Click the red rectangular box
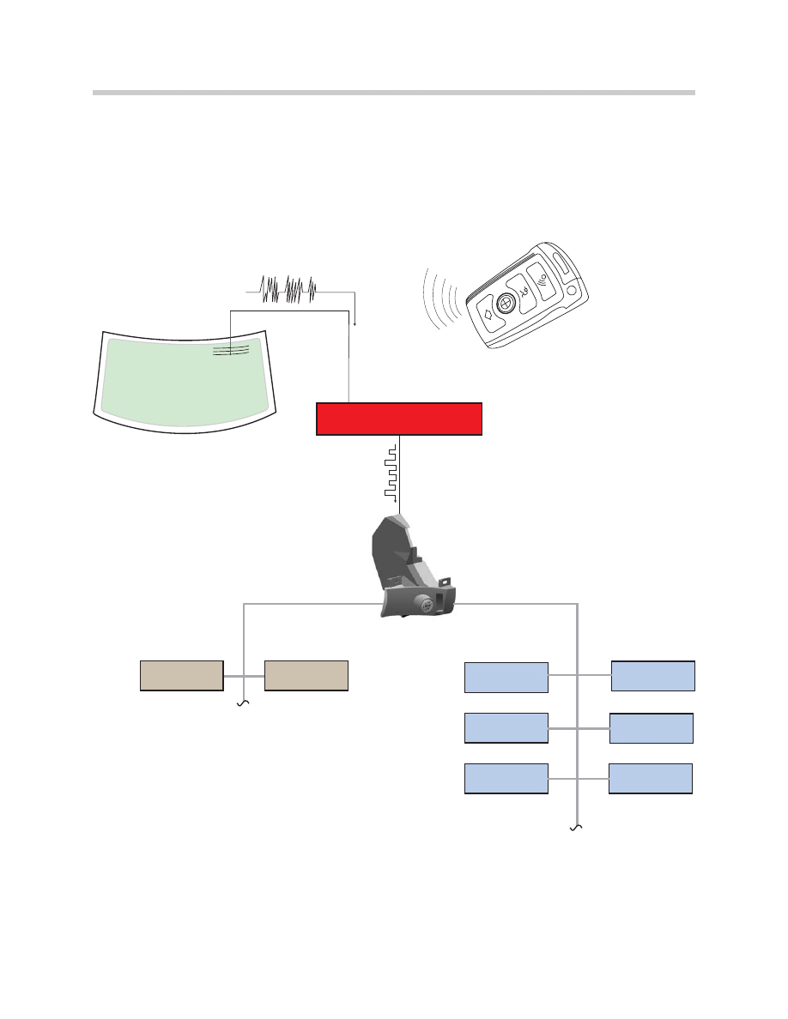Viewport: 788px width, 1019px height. click(x=399, y=418)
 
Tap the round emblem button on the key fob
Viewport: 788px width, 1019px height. click(x=506, y=302)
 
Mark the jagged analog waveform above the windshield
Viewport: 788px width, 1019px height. click(x=288, y=290)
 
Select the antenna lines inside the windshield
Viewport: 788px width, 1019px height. click(x=231, y=349)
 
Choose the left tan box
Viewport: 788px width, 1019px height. click(x=182, y=676)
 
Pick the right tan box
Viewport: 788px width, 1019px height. click(x=306, y=676)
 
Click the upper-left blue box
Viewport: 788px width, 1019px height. click(x=506, y=677)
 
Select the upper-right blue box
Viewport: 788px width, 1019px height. click(x=652, y=676)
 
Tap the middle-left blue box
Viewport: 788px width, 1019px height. click(x=506, y=727)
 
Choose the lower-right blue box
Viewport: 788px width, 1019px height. click(x=650, y=778)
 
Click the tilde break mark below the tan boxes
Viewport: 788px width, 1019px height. click(x=243, y=702)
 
